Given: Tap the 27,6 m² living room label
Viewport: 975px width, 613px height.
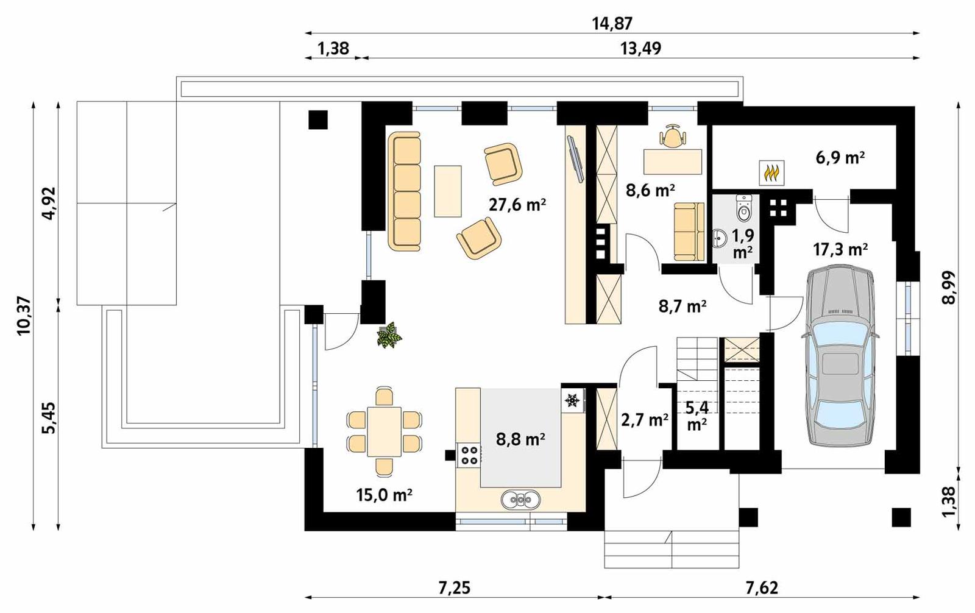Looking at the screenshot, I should coord(517,205).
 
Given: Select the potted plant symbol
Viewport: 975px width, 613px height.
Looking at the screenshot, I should coord(389,336).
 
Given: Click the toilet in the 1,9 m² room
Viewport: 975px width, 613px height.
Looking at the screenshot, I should coord(744,209).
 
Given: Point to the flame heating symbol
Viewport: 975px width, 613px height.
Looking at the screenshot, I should coord(771,173).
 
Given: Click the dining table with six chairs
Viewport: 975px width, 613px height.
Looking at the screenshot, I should coord(384,431).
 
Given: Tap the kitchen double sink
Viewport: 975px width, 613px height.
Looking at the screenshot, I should coord(521,500).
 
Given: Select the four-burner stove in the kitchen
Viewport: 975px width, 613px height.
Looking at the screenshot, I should coord(469,455).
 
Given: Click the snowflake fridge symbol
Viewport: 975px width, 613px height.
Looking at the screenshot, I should coord(572,400).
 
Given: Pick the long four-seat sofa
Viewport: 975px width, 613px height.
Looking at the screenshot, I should coord(405,191).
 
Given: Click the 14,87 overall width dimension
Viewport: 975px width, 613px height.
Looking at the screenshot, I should coord(612,23).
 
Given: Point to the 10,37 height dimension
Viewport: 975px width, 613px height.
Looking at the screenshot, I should coord(23,315).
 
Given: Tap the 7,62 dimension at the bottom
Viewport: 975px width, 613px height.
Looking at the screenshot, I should coord(762,588).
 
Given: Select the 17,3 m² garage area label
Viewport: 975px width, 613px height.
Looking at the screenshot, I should coord(840,249).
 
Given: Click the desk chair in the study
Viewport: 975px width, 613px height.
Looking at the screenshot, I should coord(672,136).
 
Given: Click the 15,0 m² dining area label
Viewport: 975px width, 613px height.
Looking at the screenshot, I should coord(384,495).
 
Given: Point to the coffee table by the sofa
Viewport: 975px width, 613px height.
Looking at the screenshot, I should coord(447,191).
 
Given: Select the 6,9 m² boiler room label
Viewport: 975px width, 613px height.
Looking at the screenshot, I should coord(840,158).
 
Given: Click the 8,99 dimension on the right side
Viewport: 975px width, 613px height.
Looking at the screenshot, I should coord(949,288).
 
